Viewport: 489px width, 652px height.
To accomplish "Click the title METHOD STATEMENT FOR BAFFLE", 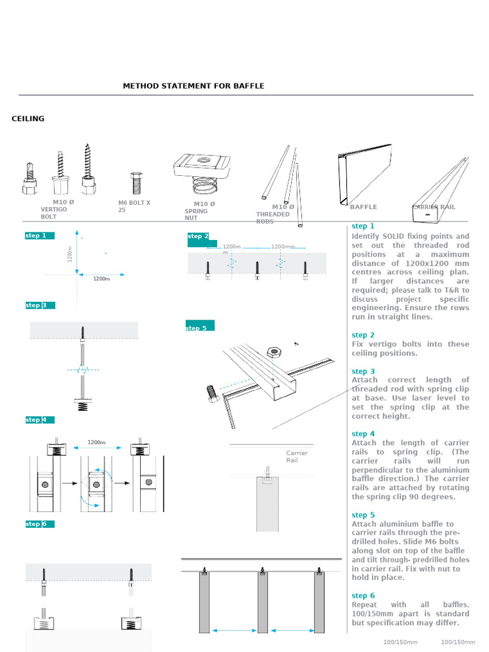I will pos(193,86).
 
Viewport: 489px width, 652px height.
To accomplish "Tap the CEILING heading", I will pos(28,118).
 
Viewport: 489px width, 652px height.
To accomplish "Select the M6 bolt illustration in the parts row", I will pos(136,183).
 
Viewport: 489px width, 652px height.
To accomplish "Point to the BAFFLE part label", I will pos(363,207).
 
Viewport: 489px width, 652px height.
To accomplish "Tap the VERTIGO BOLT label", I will pos(53,213).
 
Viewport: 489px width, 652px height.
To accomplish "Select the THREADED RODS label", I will pos(273,218).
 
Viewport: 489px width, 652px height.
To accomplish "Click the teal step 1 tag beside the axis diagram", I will pos(39,236).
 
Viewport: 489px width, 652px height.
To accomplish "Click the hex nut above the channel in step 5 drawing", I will pos(275,351).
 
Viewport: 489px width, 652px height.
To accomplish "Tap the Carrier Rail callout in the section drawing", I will pos(296,457).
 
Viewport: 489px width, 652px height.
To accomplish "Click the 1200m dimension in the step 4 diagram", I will pos(96,443).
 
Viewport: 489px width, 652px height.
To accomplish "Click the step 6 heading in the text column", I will pos(363,595).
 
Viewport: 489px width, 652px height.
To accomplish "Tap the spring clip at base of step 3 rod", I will pos(82,404).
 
